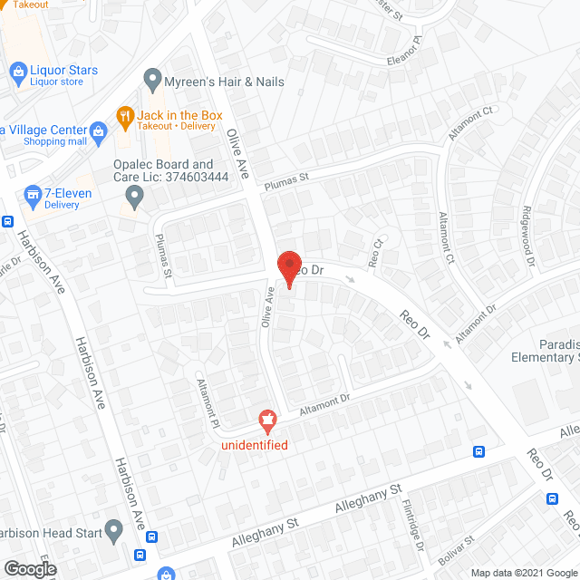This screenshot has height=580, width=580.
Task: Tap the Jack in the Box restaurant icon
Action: point(125,115)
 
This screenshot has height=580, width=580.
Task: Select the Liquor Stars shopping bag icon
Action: point(17,71)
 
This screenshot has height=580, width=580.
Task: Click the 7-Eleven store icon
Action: point(33,194)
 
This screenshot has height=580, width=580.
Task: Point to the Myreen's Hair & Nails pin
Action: point(152,82)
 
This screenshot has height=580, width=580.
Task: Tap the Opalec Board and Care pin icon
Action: point(135,195)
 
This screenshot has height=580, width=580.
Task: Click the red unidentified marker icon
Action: point(267,420)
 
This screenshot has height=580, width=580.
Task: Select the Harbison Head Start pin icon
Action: point(113,529)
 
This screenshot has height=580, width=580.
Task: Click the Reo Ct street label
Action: point(378,252)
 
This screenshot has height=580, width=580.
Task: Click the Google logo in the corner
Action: point(29,568)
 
